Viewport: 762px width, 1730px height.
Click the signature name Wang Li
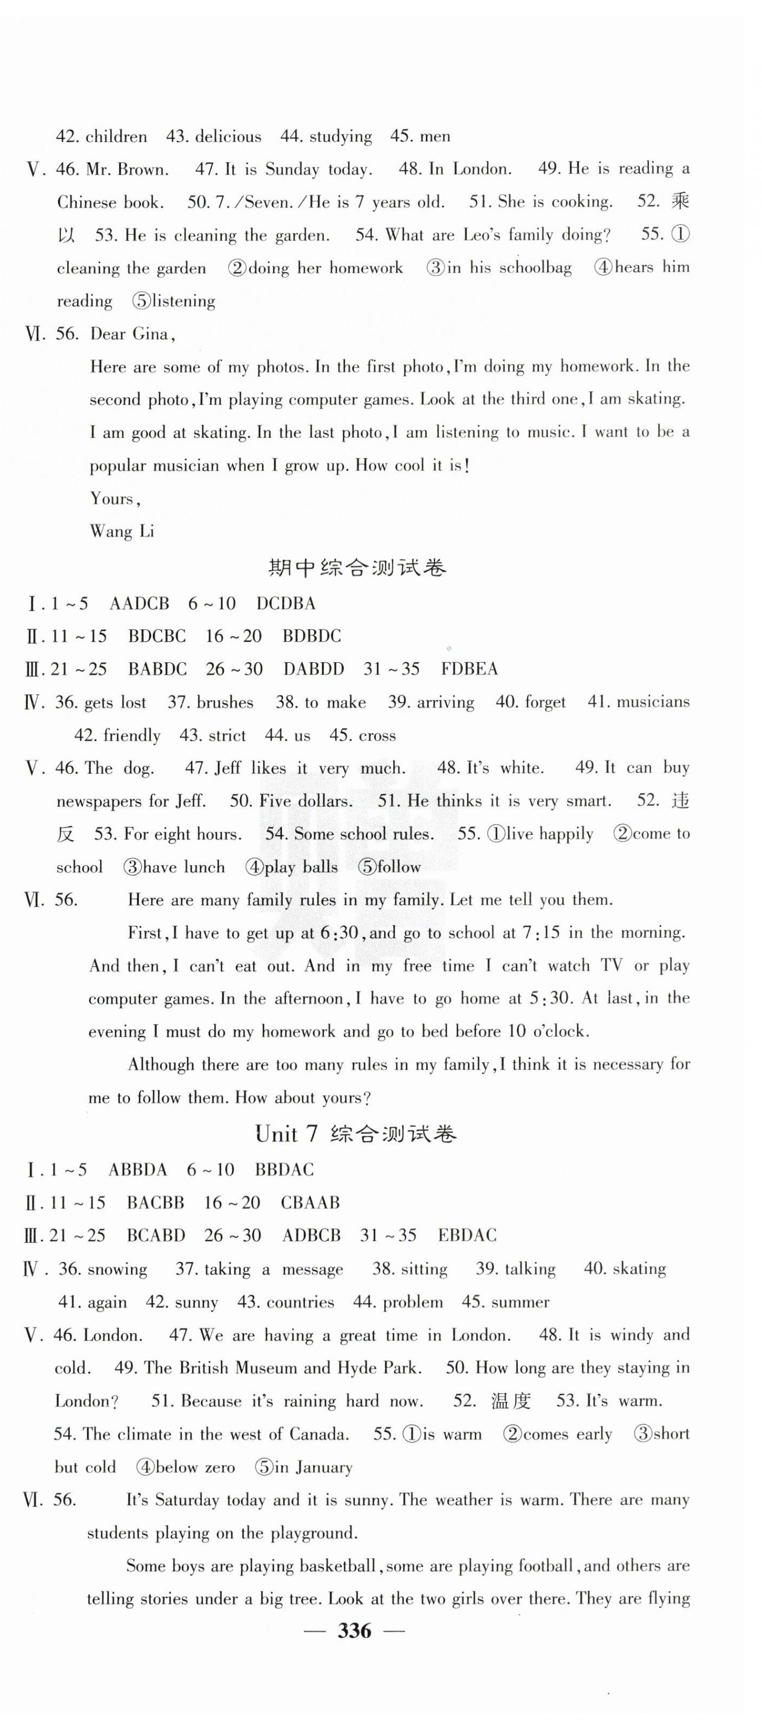(122, 531)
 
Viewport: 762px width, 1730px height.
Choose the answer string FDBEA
(469, 669)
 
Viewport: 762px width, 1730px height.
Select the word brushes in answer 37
(225, 702)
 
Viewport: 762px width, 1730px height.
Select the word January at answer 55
(322, 1467)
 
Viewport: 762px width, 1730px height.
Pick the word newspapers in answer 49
(98, 801)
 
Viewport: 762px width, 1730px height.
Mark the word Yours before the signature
(114, 498)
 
